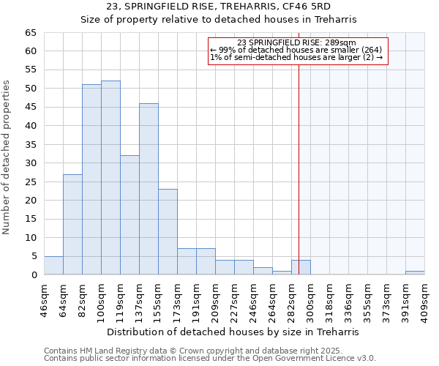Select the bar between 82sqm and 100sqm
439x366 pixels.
click(x=91, y=179)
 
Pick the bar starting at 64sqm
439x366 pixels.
click(x=72, y=224)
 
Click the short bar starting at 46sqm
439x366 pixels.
click(x=53, y=266)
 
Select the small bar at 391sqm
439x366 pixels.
click(x=415, y=273)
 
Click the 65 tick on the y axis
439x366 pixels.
click(x=31, y=33)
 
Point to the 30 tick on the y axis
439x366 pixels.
click(x=31, y=163)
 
